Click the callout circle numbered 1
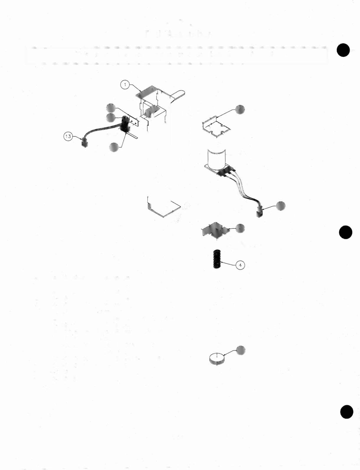click(125, 85)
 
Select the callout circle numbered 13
click(68, 137)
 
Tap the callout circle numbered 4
click(240, 265)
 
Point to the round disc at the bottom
click(217, 359)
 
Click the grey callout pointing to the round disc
click(241, 350)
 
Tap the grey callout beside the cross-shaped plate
click(240, 228)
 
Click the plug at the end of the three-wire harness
click(259, 212)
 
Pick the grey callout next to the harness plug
click(281, 206)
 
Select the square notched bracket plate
click(216, 128)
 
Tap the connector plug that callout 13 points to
click(85, 144)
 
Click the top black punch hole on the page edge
click(343, 50)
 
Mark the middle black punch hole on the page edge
click(345, 232)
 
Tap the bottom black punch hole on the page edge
click(346, 412)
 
